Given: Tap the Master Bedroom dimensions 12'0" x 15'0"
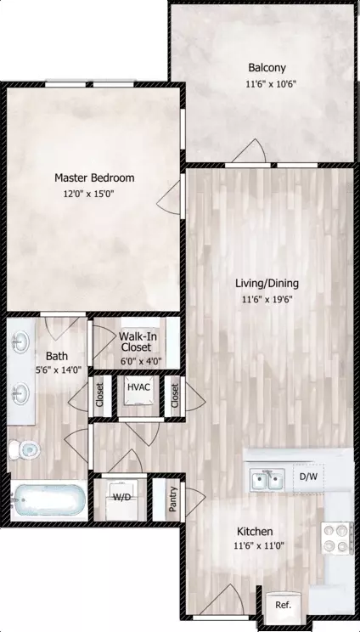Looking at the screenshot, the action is click(x=89, y=194).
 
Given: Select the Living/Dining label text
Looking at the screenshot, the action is click(x=267, y=284).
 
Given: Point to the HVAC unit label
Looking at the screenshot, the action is click(x=138, y=387).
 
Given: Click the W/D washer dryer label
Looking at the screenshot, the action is click(x=121, y=498).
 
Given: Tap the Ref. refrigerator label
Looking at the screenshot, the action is click(x=283, y=605).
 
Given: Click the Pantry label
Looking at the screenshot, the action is click(x=173, y=499).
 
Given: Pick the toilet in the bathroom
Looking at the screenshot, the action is click(x=25, y=449).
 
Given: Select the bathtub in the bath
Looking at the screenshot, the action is click(x=48, y=499).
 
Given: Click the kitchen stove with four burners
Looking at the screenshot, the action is click(x=335, y=538).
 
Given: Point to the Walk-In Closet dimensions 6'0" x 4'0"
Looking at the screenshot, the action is click(x=141, y=362).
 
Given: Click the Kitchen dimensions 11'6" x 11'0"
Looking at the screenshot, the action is click(x=259, y=546).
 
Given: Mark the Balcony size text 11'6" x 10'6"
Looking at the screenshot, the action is click(x=271, y=85).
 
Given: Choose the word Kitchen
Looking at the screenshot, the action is click(x=255, y=531).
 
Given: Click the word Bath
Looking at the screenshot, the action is click(x=57, y=356).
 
